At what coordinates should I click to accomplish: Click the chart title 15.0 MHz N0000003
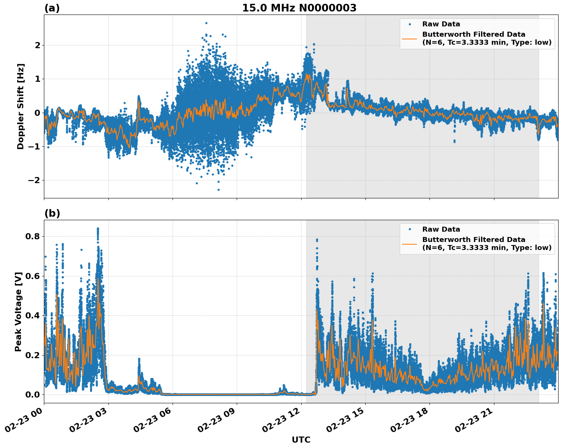tap(299, 8)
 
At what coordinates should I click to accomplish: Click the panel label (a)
tap(52, 8)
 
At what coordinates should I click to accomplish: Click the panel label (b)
tap(52, 213)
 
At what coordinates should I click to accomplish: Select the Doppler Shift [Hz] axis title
tap(21, 106)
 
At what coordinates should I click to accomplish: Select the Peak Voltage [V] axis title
tap(18, 312)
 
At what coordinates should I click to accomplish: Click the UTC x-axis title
tap(301, 440)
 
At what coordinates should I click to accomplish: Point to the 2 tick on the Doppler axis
tap(37, 45)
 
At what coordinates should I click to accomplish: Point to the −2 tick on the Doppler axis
tap(34, 180)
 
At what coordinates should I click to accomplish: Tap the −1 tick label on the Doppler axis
tap(34, 146)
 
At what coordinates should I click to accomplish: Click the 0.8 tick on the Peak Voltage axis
tap(33, 236)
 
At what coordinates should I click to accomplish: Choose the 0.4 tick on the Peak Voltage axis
tap(33, 315)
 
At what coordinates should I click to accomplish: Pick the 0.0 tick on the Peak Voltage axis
tap(33, 394)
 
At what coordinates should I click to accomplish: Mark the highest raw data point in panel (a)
tap(206, 23)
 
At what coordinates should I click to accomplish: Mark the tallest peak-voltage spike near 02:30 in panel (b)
tap(98, 229)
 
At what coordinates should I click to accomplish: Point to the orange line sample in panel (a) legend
tap(409, 38)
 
